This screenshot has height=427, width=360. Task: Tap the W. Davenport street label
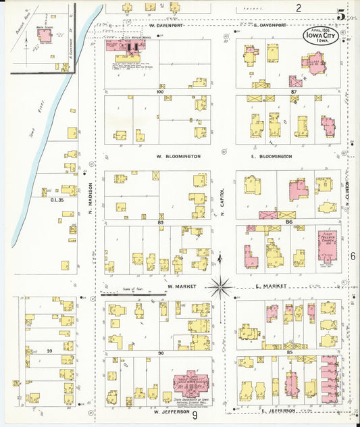click(x=167, y=25)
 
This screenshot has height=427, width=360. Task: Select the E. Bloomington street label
click(x=271, y=156)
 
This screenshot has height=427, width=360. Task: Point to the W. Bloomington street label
click(x=178, y=156)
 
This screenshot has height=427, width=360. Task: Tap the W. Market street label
click(x=180, y=286)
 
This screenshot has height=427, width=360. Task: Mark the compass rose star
click(x=220, y=286)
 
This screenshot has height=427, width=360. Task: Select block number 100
click(x=159, y=91)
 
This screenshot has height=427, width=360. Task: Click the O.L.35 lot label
click(x=56, y=199)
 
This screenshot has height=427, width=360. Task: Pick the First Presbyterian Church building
click(x=329, y=245)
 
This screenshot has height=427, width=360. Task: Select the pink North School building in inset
click(x=45, y=34)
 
